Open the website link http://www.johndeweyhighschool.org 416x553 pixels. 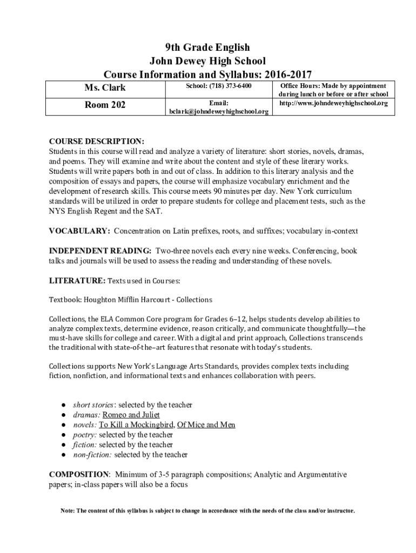333,103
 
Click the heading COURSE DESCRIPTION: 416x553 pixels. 97,141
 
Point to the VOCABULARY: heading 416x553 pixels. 80,231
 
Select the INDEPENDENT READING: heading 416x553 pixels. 100,251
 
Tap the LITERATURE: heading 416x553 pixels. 77,281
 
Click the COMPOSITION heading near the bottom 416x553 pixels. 79,474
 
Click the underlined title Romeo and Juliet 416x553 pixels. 131,415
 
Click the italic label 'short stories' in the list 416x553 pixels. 93,405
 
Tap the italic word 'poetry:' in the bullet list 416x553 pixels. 85,435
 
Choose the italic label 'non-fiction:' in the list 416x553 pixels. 92,455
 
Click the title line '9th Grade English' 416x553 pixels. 207,48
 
